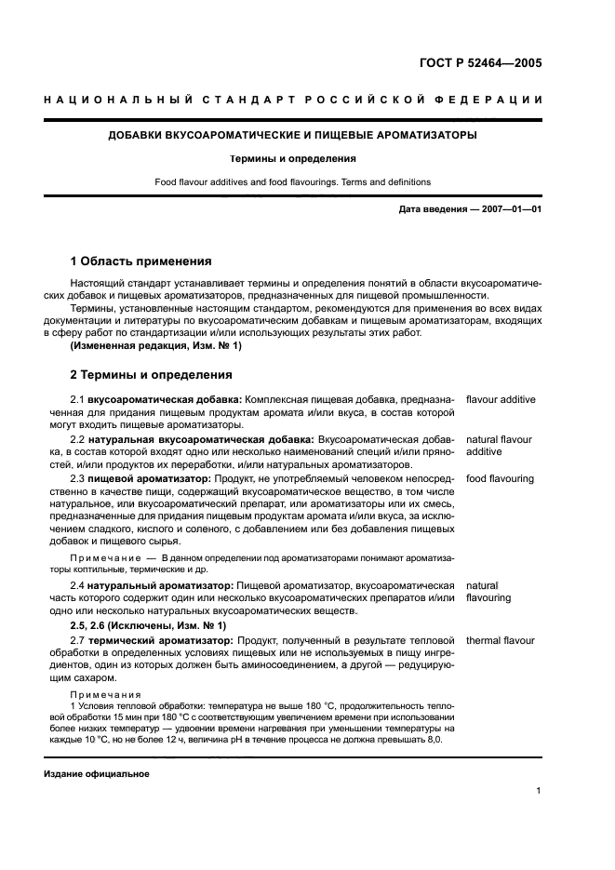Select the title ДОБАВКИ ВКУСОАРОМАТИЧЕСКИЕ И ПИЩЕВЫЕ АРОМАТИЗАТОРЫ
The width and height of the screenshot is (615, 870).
point(294,136)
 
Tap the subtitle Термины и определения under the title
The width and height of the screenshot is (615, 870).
point(293,158)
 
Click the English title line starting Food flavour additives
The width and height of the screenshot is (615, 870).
point(293,182)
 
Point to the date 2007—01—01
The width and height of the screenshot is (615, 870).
point(509,209)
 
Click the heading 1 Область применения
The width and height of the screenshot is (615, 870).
point(141,261)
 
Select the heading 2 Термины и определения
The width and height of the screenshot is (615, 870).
point(152,375)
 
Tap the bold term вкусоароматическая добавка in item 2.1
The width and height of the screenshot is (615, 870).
point(164,399)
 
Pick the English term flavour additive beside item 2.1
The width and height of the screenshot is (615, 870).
point(501,399)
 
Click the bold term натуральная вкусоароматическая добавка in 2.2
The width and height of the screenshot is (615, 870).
point(201,438)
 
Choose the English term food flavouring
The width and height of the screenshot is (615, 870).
point(500,478)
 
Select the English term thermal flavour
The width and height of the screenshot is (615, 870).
point(501,641)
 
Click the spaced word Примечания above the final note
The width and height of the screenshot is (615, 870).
point(105,695)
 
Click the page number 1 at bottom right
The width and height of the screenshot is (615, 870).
point(539,791)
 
